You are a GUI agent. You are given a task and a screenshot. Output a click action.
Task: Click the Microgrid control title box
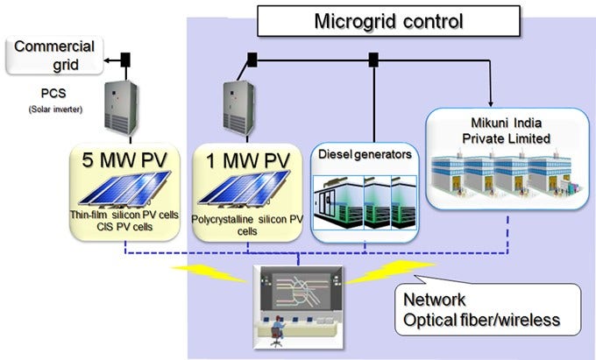pyautogui.click(x=388, y=20)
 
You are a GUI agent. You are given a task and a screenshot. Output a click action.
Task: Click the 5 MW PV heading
pyautogui.click(x=123, y=161)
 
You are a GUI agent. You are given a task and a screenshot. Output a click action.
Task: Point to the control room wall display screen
pyautogui.click(x=299, y=290)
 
